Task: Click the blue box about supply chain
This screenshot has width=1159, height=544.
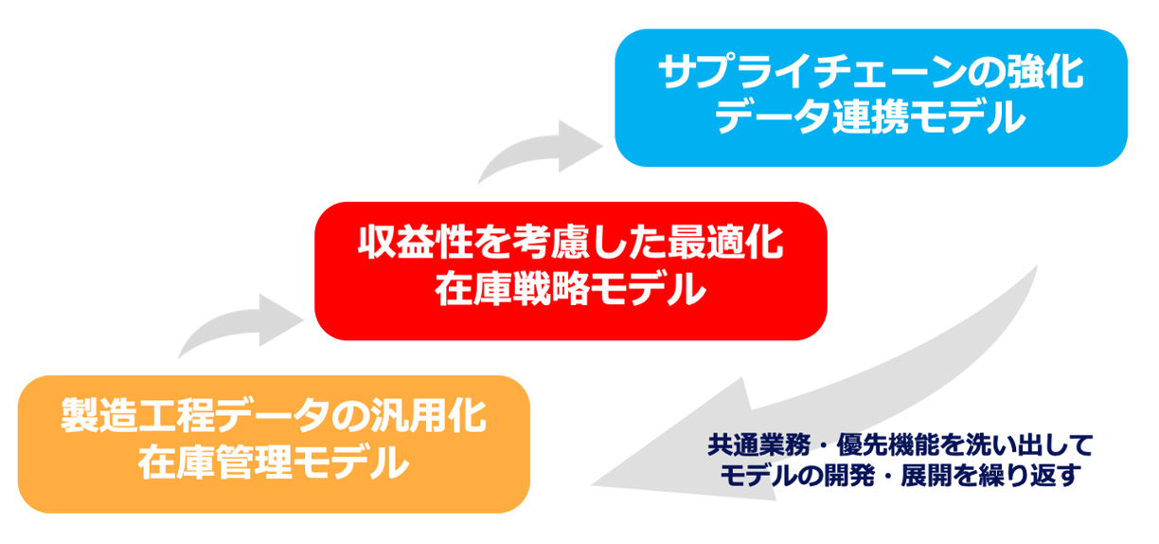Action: point(870,97)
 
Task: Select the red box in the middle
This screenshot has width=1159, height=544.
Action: point(570,270)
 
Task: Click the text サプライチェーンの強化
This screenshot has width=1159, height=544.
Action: point(870,73)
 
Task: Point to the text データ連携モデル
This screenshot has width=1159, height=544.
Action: point(870,119)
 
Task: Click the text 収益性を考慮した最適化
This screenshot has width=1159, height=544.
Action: point(570,245)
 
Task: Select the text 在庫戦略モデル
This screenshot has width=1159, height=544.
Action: point(570,291)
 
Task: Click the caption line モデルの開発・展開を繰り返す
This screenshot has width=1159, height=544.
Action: point(900,475)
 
